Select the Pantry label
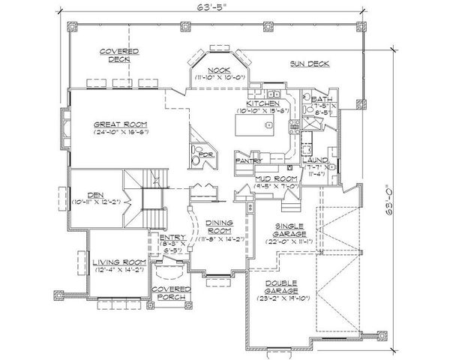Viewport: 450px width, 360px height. coord(247,160)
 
